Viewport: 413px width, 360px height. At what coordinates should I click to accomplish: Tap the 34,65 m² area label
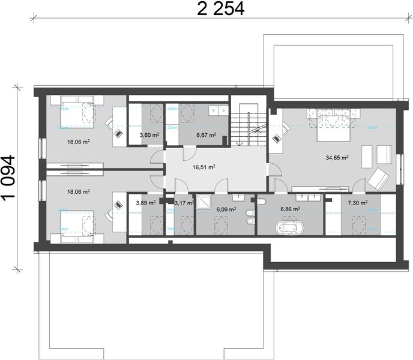337,158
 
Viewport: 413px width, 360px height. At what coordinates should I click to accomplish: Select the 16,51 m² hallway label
203,168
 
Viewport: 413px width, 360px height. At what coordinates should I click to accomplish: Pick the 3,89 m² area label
145,203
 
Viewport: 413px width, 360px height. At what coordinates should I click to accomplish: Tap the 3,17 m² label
183,203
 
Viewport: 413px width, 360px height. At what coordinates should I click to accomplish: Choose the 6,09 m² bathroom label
226,209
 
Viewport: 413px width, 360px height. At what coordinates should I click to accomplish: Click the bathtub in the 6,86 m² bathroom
289,229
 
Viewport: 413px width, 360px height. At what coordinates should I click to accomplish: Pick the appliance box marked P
213,110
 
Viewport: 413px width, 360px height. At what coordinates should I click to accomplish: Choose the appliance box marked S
222,110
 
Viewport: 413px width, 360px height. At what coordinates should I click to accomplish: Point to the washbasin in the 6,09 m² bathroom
240,197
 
